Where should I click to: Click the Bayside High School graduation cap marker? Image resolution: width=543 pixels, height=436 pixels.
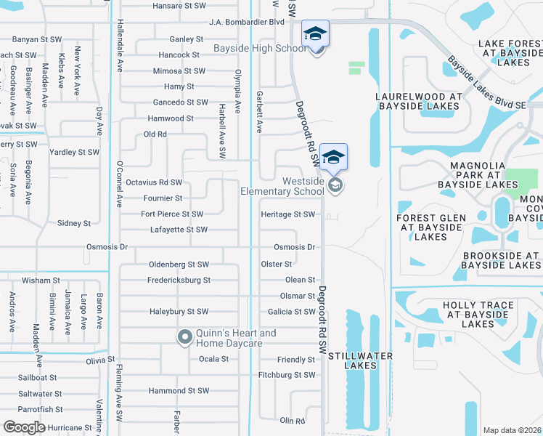pyautogui.click(x=315, y=34)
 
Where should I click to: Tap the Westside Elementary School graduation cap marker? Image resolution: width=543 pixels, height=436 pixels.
pyautogui.click(x=334, y=158)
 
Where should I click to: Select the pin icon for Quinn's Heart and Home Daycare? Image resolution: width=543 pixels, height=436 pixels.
pyautogui.click(x=184, y=336)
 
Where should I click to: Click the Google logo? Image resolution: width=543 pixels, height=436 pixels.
pyautogui.click(x=25, y=427)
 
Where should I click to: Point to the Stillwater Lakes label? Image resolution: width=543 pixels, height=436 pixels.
pyautogui.click(x=360, y=360)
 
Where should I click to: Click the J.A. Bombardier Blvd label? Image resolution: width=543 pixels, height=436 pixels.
pyautogui.click(x=246, y=22)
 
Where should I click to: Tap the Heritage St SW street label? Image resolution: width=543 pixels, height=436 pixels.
pyautogui.click(x=288, y=214)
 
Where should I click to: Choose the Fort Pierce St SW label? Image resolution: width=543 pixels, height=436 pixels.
pyautogui.click(x=172, y=214)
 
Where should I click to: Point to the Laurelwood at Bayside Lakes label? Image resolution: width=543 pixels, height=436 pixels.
pyautogui.click(x=418, y=101)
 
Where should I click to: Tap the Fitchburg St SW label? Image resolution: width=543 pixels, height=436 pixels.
pyautogui.click(x=287, y=375)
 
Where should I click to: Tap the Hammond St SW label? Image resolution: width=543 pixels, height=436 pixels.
pyautogui.click(x=177, y=391)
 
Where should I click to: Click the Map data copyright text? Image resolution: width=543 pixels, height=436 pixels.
pyautogui.click(x=512, y=430)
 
